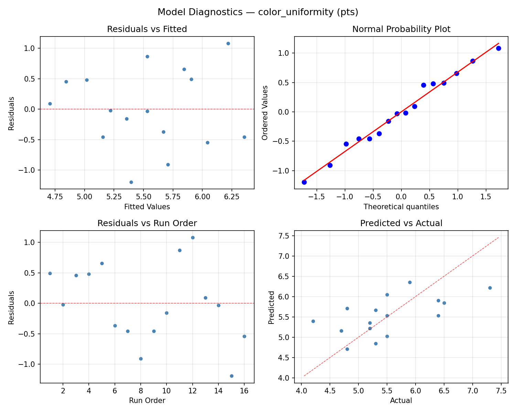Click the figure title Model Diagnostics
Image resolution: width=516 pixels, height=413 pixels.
pyautogui.click(x=258, y=12)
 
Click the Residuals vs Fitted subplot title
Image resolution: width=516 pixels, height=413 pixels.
pyautogui.click(x=147, y=29)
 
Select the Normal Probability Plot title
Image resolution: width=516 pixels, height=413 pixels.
pyautogui.click(x=401, y=29)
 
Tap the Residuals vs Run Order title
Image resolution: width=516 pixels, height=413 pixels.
pyautogui.click(x=147, y=223)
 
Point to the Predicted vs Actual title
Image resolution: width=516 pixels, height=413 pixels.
pyautogui.click(x=401, y=223)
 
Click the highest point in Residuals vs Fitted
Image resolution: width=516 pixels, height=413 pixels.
pyautogui.click(x=228, y=43)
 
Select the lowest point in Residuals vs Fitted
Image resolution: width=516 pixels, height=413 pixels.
pyautogui.click(x=131, y=182)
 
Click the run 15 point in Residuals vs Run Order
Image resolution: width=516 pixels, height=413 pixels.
pyautogui.click(x=232, y=376)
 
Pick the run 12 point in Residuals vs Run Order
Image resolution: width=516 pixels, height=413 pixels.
pyautogui.click(x=193, y=237)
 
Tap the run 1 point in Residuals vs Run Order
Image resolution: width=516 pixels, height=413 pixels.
pyautogui.click(x=50, y=273)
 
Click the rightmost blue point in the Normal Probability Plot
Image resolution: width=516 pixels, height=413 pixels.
pyautogui.click(x=498, y=48)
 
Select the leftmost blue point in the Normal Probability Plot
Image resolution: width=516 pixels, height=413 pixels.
pyautogui.click(x=304, y=182)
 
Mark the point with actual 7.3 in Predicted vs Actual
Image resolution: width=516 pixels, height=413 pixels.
pyautogui.click(x=490, y=288)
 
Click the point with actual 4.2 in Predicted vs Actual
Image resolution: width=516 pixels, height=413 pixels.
pyautogui.click(x=313, y=321)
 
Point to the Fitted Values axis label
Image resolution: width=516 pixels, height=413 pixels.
pyautogui.click(x=147, y=207)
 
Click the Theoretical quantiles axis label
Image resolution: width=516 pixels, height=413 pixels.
pyautogui.click(x=401, y=207)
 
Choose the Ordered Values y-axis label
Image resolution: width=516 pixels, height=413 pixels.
pyautogui.click(x=265, y=113)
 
